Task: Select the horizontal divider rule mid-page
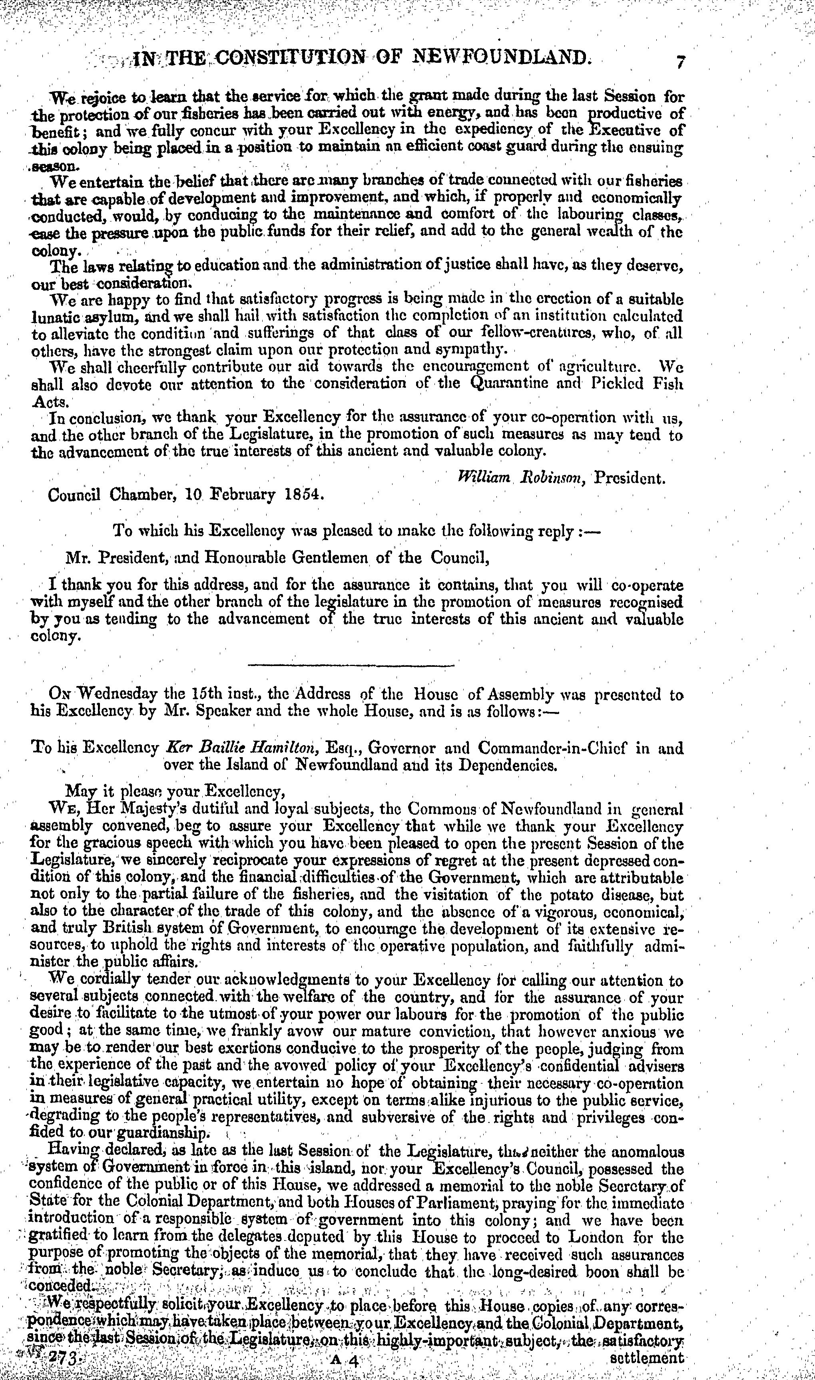[351, 666]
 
